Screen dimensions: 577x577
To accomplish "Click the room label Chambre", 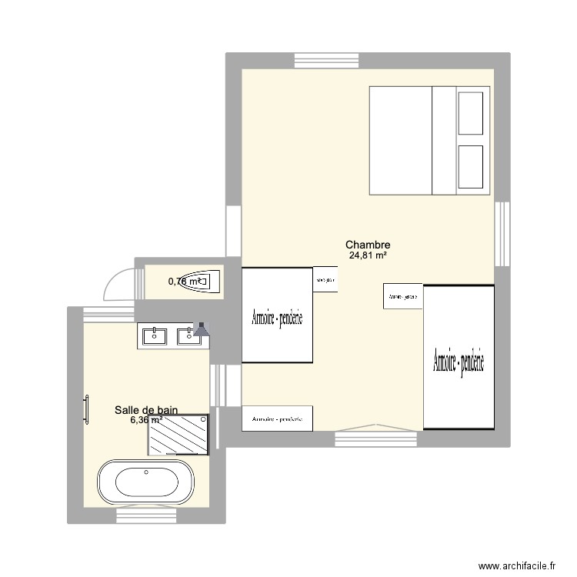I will [x=367, y=245].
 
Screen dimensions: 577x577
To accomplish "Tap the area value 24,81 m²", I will [x=367, y=256].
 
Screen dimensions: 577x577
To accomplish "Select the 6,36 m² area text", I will [x=145, y=420].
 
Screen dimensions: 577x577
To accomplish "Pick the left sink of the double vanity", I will [x=155, y=335].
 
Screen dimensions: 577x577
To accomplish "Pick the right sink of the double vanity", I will [x=187, y=335].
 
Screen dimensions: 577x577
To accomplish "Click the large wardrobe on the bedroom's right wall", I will [x=459, y=356].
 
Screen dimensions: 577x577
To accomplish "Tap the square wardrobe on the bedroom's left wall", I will [x=278, y=315].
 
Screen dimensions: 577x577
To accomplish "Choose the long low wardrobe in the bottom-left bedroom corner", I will [x=277, y=419].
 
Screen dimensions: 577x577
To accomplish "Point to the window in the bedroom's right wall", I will [x=502, y=234].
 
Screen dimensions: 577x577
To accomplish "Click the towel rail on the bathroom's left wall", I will [x=86, y=409].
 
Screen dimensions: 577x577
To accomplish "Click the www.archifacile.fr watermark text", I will [x=515, y=564].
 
